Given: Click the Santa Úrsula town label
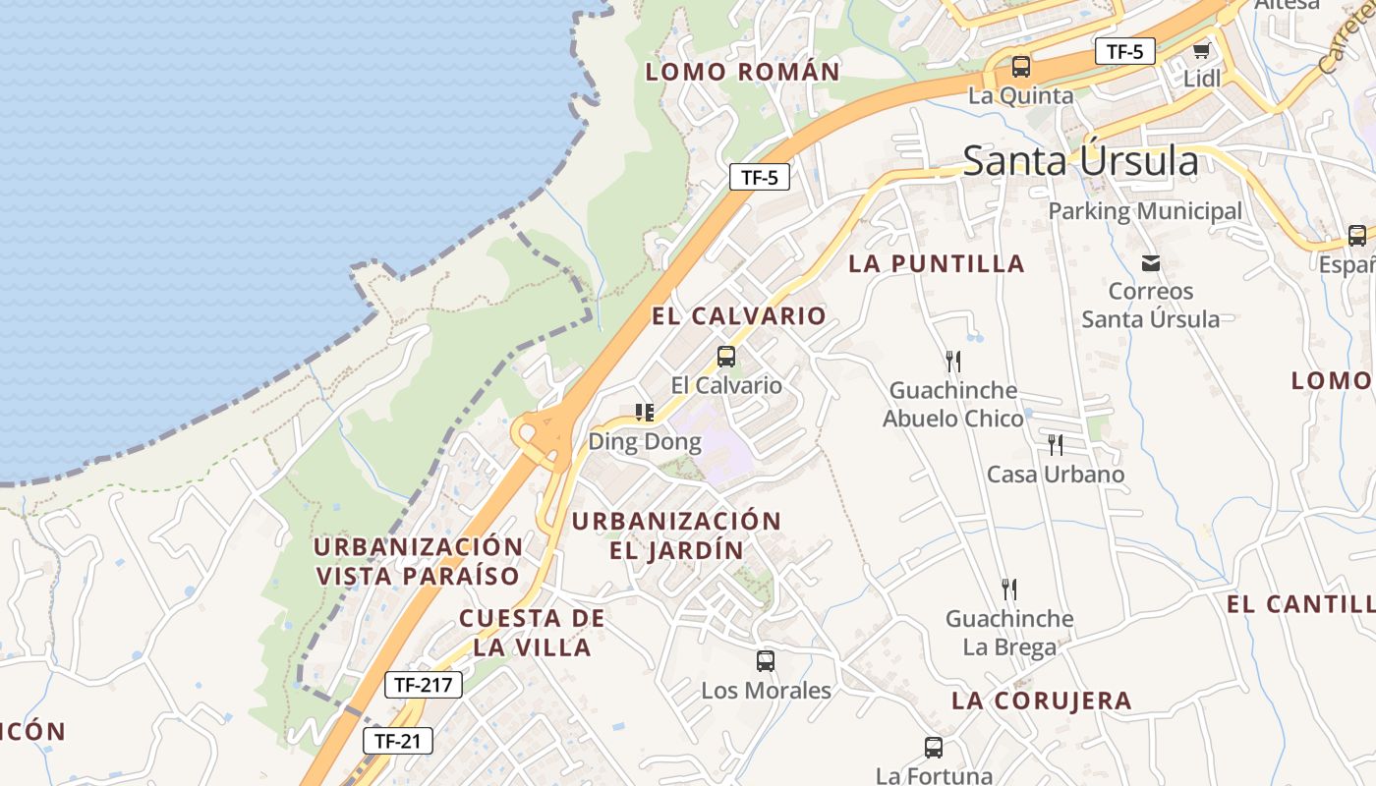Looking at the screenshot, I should click(1080, 160).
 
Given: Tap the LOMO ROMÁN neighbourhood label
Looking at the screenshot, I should click(743, 72).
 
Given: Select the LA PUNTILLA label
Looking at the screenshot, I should click(937, 263).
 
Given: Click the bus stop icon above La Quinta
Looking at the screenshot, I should click(1021, 67).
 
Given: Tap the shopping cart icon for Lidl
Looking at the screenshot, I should click(1201, 50).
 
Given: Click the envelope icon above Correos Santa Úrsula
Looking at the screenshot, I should click(1151, 263).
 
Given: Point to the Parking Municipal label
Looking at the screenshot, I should click(1145, 211).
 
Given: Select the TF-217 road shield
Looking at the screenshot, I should click(423, 685).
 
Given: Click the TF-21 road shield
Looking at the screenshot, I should click(398, 741).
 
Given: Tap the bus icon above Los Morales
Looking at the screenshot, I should click(766, 661).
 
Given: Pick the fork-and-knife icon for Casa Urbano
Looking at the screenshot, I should click(1055, 445).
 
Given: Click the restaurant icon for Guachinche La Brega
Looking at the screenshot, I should click(1008, 589).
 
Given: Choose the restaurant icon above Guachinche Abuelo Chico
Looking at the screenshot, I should click(952, 361).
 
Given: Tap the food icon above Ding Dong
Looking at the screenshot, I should click(645, 413).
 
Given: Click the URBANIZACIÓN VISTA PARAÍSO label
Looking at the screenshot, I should click(418, 561).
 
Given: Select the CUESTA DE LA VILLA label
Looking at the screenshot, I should click(532, 633).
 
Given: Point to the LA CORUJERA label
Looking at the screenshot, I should click(1042, 701).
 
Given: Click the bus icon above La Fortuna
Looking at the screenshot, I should click(934, 748).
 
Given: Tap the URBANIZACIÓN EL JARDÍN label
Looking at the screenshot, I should click(676, 535).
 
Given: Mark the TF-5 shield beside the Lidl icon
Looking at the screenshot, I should click(1124, 51).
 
